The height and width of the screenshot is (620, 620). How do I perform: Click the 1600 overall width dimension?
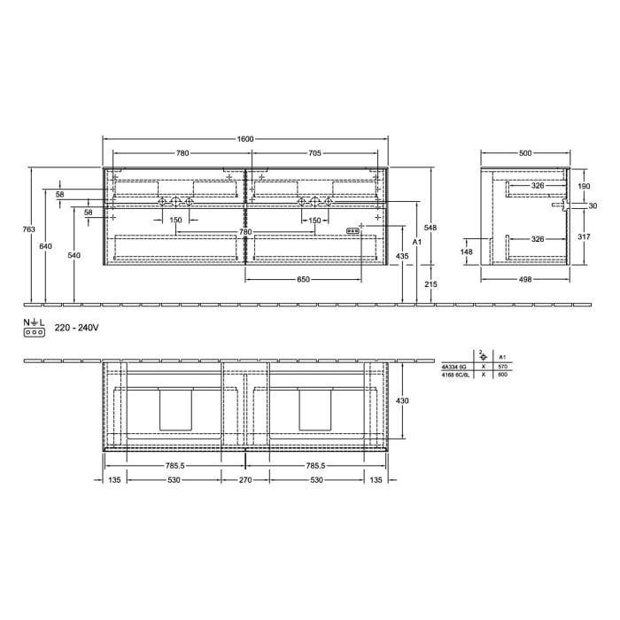tap(245, 139)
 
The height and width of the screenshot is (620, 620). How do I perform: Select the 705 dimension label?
tap(314, 153)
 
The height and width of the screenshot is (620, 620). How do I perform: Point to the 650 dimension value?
tap(303, 279)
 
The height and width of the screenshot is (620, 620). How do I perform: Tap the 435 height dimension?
tap(402, 256)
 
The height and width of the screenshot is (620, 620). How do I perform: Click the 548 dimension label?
tap(431, 227)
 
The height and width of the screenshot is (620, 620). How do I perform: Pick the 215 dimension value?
tap(431, 284)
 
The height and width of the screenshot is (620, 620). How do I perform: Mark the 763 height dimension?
tap(28, 229)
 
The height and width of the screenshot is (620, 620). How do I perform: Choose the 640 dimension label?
tap(46, 246)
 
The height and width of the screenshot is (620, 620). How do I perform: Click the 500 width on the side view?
tap(525, 153)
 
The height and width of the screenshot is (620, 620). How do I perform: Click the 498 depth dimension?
tap(525, 279)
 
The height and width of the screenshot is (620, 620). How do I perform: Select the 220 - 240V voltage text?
tap(76, 328)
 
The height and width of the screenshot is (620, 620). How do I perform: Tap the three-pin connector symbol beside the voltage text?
tap(35, 333)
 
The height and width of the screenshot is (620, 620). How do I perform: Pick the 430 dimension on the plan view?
tap(402, 401)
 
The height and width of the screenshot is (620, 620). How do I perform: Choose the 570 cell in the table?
tap(503, 367)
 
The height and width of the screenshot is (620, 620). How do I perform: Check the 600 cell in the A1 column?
tap(503, 375)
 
